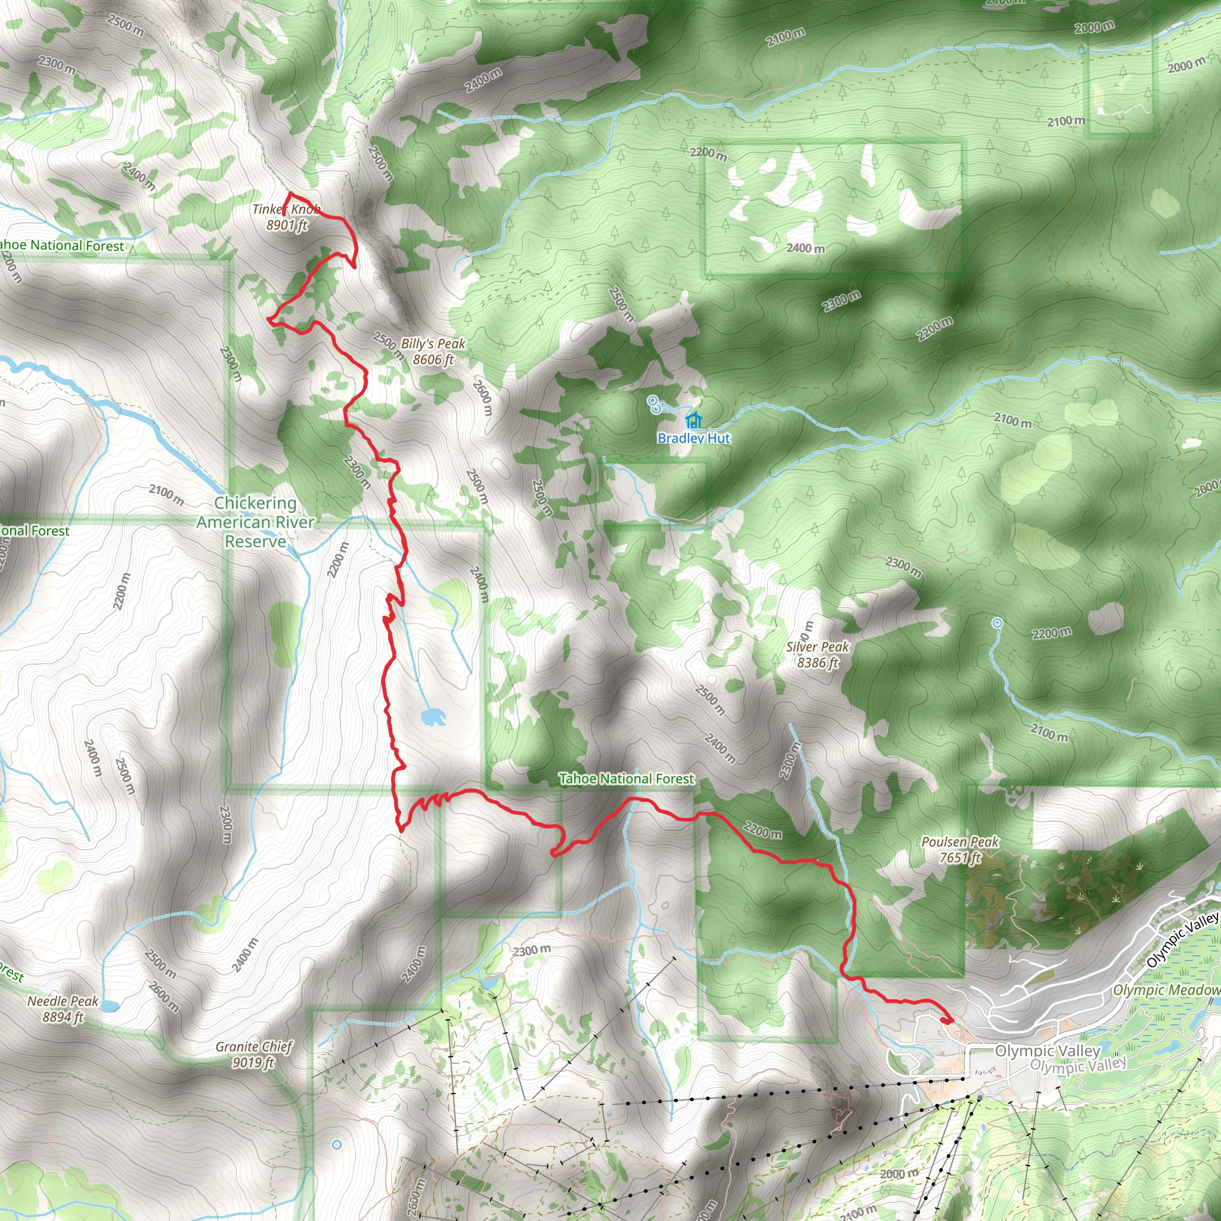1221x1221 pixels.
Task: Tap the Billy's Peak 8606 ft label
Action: click(433, 351)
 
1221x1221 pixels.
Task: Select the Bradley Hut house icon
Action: click(694, 420)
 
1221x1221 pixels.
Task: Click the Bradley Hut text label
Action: click(693, 438)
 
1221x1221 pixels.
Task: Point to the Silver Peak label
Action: click(817, 654)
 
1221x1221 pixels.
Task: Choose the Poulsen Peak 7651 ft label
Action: click(959, 850)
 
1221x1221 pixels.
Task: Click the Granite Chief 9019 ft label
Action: click(253, 1054)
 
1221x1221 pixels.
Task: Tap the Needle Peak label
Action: click(63, 1009)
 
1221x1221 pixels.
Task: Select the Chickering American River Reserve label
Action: click(255, 522)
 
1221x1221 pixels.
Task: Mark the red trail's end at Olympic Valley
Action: click(947, 1020)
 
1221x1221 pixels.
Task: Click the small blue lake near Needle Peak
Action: click(109, 1005)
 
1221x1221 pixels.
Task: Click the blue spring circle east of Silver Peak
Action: click(997, 623)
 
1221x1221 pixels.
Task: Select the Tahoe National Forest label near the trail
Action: click(627, 779)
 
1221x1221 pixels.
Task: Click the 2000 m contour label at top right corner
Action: click(1094, 27)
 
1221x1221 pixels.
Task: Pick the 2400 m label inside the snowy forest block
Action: click(805, 249)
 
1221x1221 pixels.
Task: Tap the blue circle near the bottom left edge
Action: click(337, 1145)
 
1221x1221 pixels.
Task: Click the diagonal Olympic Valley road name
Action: click(1182, 940)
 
